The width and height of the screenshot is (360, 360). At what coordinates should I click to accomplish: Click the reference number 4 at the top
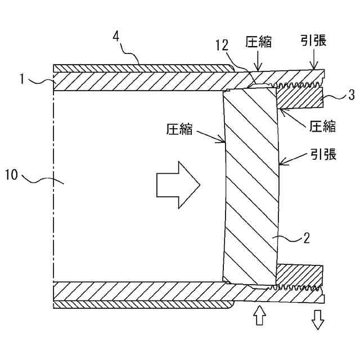pyautogui.click(x=116, y=37)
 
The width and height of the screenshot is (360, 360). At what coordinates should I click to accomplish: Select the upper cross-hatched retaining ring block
pyautogui.click(x=299, y=98)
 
